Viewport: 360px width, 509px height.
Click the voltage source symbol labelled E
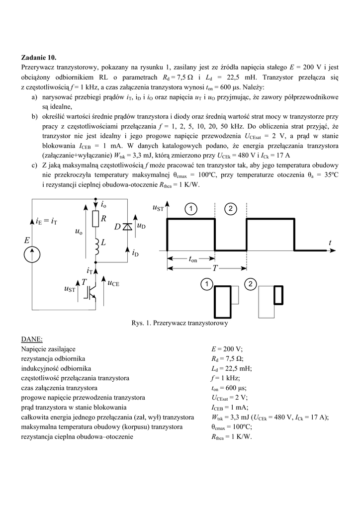tap(33, 254)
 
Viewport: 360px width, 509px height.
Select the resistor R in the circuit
tap(96, 219)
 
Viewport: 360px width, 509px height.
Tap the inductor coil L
tap(96, 247)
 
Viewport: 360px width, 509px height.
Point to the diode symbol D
tap(127, 227)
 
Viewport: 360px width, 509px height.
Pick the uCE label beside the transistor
tap(114, 283)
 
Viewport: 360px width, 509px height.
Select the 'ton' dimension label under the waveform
tap(192, 259)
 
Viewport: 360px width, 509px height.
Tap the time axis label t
tap(329, 242)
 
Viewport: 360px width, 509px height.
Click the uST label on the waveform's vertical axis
tap(157, 208)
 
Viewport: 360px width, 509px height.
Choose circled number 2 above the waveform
tap(230, 208)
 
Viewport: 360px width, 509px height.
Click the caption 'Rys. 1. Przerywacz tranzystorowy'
tap(180, 324)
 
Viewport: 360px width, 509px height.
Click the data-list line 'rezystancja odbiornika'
tap(53, 358)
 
